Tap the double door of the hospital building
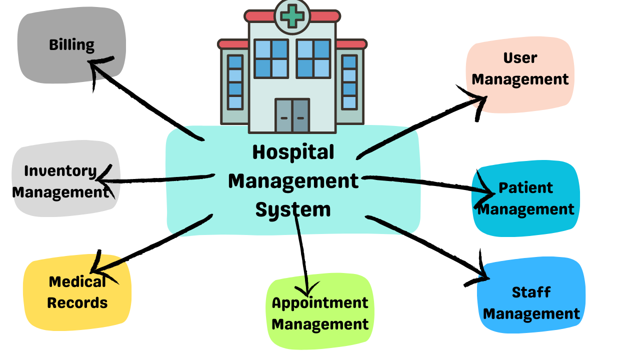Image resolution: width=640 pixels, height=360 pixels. pyautogui.click(x=292, y=115)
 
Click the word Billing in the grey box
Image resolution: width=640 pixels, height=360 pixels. pyautogui.click(x=71, y=45)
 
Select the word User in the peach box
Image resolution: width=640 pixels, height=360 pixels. pyautogui.click(x=520, y=58)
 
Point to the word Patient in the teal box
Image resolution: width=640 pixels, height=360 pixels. pyautogui.click(x=526, y=188)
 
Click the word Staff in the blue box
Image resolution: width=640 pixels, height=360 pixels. pyautogui.click(x=531, y=292)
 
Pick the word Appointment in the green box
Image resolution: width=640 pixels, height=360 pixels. pyautogui.click(x=320, y=302)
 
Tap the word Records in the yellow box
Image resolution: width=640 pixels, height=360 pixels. pyautogui.click(x=77, y=302)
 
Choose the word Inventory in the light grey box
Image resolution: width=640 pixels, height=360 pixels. pyautogui.click(x=60, y=171)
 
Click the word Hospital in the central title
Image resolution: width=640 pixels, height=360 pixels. pyautogui.click(x=293, y=152)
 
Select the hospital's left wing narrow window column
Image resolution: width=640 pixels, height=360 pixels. pyautogui.click(x=235, y=82)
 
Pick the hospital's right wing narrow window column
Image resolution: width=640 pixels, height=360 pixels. pyautogui.click(x=349, y=82)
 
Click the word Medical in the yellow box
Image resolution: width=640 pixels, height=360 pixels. pyautogui.click(x=77, y=281)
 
